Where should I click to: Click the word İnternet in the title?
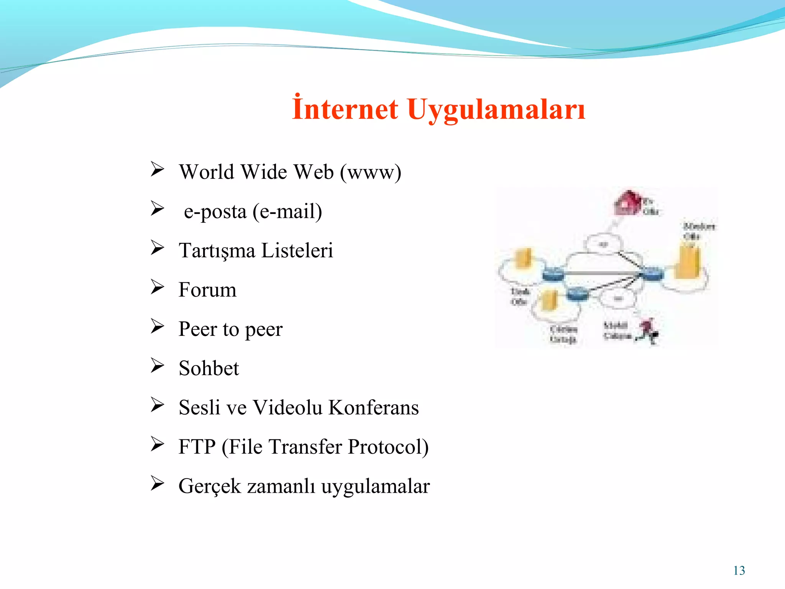(345, 109)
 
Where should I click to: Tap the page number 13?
(739, 571)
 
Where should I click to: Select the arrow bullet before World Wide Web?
(157, 169)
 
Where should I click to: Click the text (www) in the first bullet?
(371, 172)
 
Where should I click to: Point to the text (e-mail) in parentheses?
(287, 212)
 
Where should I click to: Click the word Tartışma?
(217, 251)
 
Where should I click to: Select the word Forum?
(207, 290)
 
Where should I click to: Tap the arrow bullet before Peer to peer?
(157, 327)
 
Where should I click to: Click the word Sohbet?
(209, 369)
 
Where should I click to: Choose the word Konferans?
(374, 408)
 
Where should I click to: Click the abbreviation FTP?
(197, 447)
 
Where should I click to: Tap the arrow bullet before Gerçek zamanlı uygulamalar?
(157, 484)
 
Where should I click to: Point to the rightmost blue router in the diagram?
(652, 274)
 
